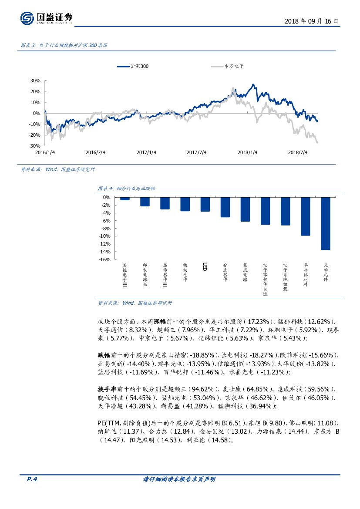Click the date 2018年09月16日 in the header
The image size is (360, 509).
pyautogui.click(x=311, y=21)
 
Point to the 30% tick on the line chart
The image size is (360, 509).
pyautogui.click(x=35, y=81)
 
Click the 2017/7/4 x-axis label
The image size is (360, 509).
pyautogui.click(x=196, y=152)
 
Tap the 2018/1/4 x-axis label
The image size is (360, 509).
pyautogui.click(x=247, y=152)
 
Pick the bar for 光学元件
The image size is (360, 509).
pyautogui.click(x=326, y=223)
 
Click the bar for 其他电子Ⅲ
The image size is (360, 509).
pyautogui.click(x=125, y=199)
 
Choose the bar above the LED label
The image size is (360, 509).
pyautogui.click(x=205, y=204)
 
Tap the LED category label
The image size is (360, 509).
pyautogui.click(x=204, y=266)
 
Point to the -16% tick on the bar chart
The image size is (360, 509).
pyautogui.click(x=105, y=260)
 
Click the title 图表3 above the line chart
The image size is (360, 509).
pyautogui.click(x=64, y=45)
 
